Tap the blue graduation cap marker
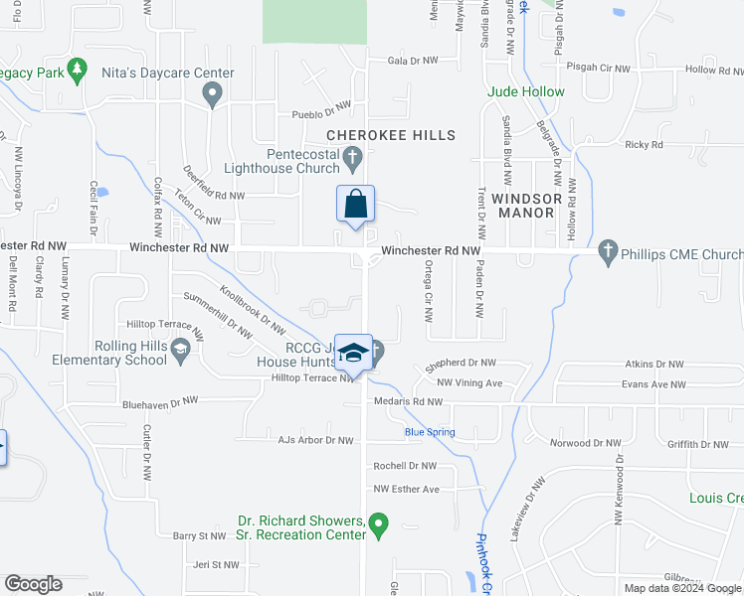[353, 353]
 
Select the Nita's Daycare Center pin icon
[211, 94]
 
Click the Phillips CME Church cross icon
[609, 253]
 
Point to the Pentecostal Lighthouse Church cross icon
[351, 157]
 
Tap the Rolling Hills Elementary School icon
[180, 350]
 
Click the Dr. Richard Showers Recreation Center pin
[377, 522]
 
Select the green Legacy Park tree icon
[76, 70]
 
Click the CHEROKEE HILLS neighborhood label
[391, 135]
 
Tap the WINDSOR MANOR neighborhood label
[527, 206]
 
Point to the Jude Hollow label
[525, 91]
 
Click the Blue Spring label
[430, 432]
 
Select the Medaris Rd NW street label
[406, 401]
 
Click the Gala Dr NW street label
[412, 61]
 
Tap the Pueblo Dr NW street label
[321, 113]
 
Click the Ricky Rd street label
[644, 144]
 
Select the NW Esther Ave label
[406, 489]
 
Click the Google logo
[33, 584]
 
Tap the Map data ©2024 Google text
[683, 588]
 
